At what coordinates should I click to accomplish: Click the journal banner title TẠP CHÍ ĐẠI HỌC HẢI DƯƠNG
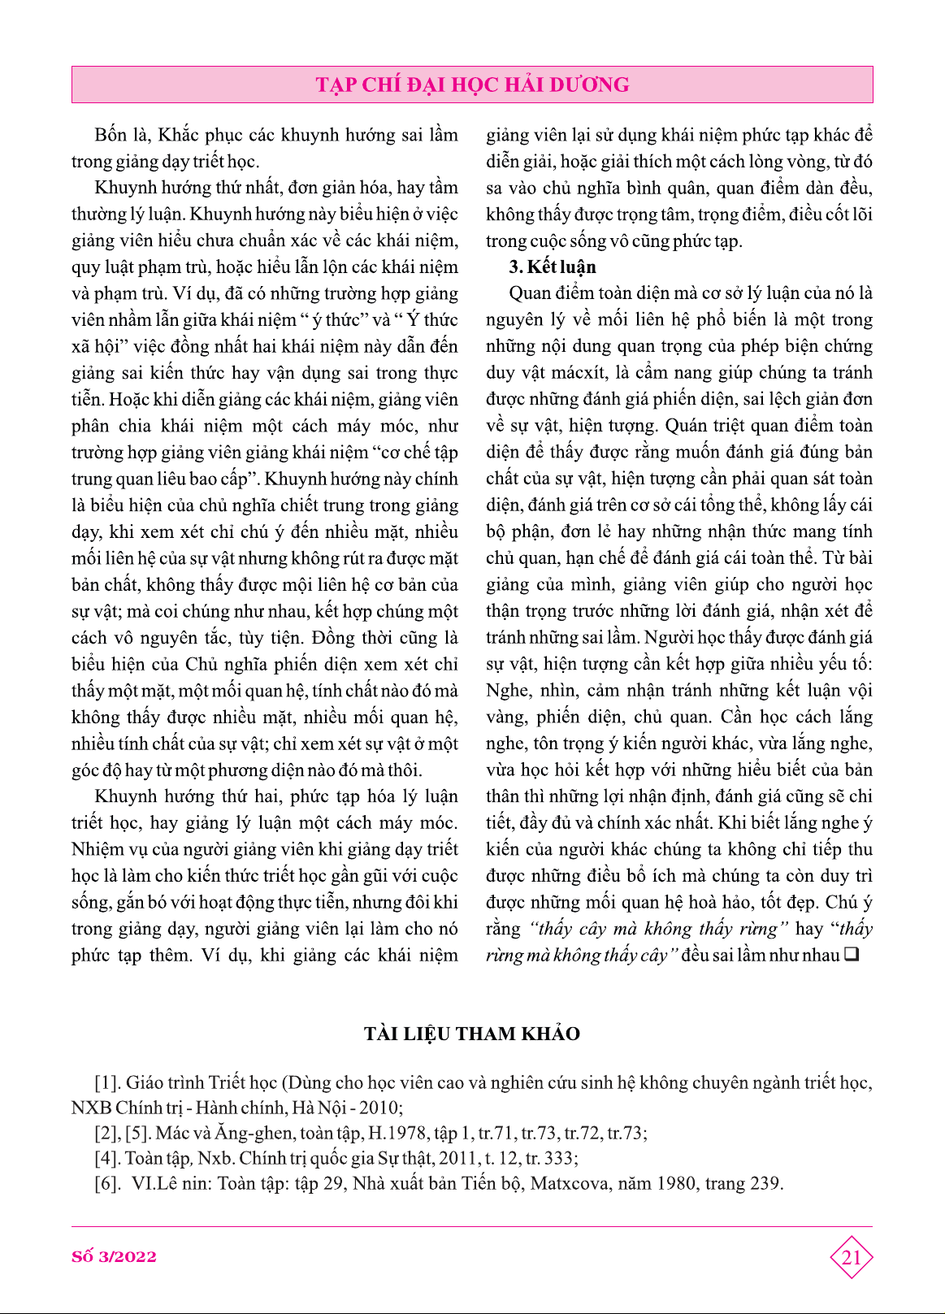(x=472, y=85)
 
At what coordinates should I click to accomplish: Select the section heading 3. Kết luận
(x=552, y=267)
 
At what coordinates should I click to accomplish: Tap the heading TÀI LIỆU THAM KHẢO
(x=472, y=1034)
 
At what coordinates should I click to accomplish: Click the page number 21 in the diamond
(x=851, y=1258)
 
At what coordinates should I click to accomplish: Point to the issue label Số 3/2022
(x=114, y=1256)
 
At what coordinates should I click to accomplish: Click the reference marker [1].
(x=108, y=1082)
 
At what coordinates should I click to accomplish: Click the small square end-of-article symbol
(x=852, y=955)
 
